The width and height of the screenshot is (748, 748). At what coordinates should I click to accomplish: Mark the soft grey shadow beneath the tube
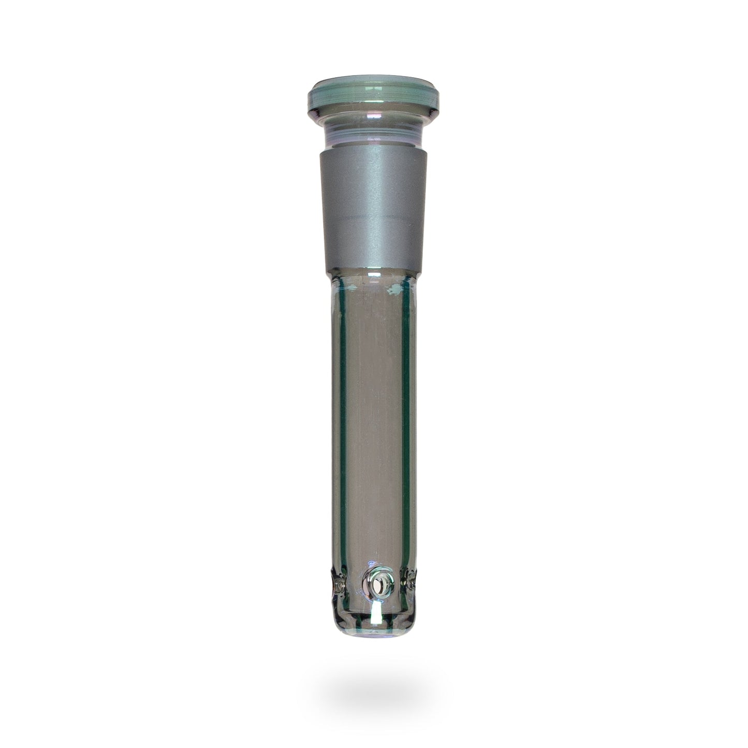tap(374, 694)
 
